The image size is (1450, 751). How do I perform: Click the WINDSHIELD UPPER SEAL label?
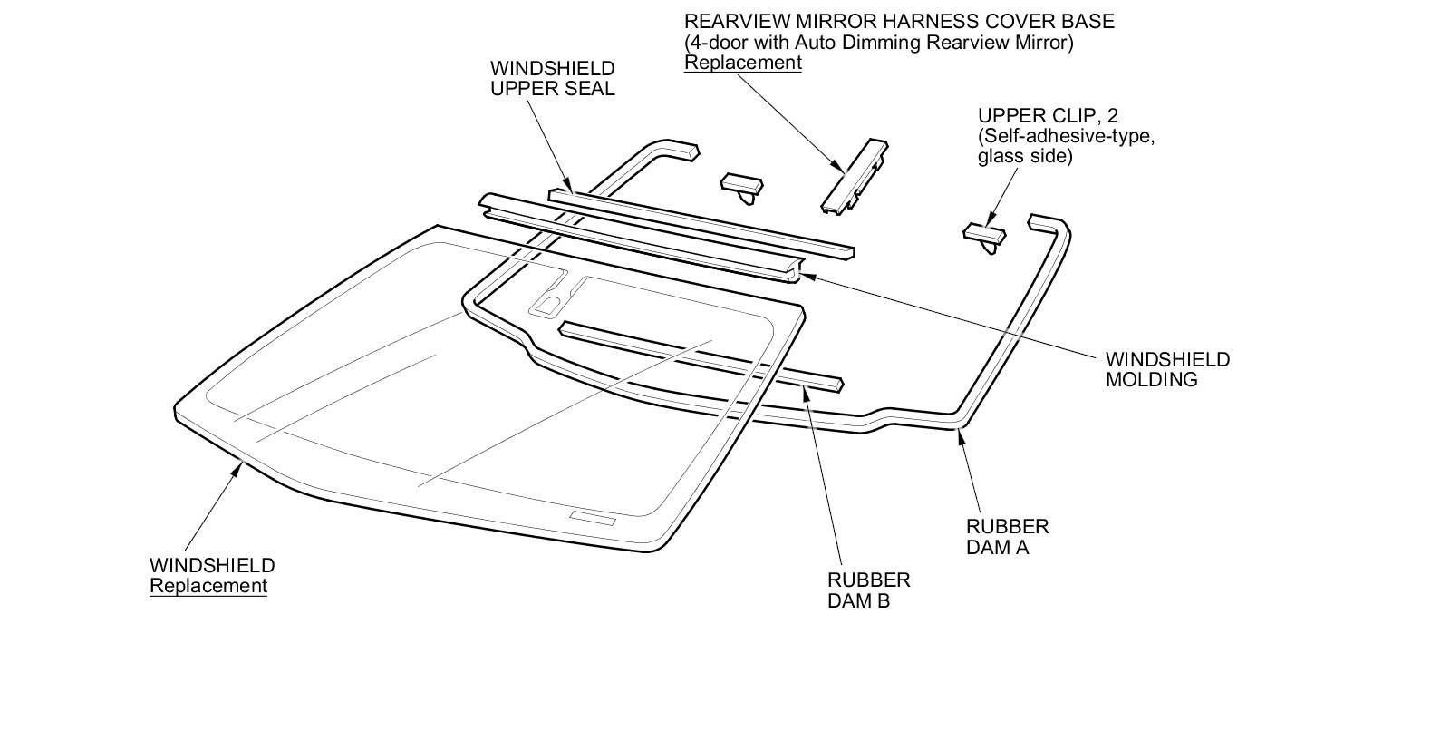pyautogui.click(x=552, y=78)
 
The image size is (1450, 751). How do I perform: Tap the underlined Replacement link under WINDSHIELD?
pyautogui.click(x=208, y=586)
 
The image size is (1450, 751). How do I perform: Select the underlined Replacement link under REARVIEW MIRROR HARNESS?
pyautogui.click(x=742, y=63)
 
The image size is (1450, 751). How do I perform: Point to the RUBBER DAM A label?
pyautogui.click(x=1007, y=537)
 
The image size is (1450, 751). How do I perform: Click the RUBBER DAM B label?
pyautogui.click(x=868, y=590)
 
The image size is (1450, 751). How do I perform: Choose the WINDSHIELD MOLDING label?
pyautogui.click(x=1167, y=369)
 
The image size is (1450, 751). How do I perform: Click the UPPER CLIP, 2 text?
pyautogui.click(x=1047, y=115)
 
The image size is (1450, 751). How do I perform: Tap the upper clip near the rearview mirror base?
pyautogui.click(x=741, y=185)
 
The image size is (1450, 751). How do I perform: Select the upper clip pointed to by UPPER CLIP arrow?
pyautogui.click(x=984, y=235)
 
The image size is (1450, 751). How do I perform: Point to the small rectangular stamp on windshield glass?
pyautogui.click(x=593, y=518)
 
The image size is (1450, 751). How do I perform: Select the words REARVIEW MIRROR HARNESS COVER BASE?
pyautogui.click(x=899, y=21)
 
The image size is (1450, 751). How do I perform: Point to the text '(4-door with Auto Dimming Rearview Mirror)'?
pyautogui.click(x=878, y=42)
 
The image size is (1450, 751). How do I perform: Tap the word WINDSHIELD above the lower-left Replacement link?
pyautogui.click(x=212, y=565)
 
